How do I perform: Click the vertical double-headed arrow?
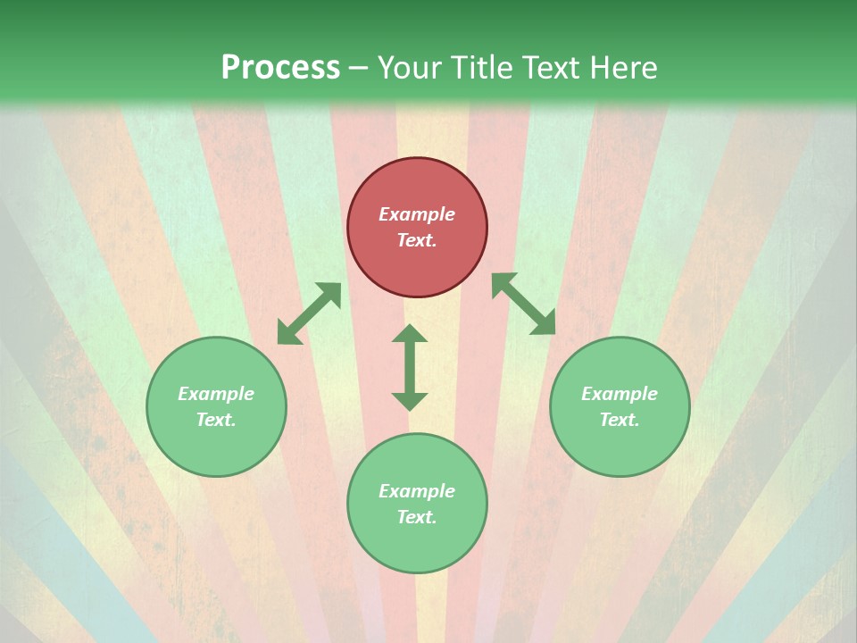(410, 367)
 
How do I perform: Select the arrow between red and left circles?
(309, 313)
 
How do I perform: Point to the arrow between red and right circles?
(523, 304)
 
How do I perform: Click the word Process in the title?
(280, 68)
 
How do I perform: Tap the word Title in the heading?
(483, 68)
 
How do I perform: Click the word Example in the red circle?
(417, 214)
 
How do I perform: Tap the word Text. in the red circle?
(417, 240)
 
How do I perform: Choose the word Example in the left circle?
(216, 394)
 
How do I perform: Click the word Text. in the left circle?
(216, 420)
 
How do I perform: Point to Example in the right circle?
(620, 394)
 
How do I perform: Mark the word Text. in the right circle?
(620, 420)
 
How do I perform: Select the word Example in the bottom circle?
(417, 491)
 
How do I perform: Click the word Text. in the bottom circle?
(417, 517)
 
